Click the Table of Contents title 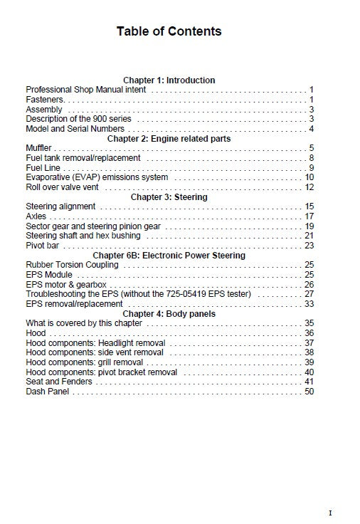(169, 31)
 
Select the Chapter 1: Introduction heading (169, 80)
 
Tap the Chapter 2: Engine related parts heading (169, 139)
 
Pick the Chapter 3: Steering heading (169, 197)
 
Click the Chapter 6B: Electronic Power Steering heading (169, 255)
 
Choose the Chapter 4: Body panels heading (169, 313)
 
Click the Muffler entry (39, 148)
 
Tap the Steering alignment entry (60, 206)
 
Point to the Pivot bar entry (43, 246)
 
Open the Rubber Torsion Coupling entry (72, 265)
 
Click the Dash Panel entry (48, 392)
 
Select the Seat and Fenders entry (59, 382)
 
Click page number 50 (309, 392)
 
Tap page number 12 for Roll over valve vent (309, 187)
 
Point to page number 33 (309, 304)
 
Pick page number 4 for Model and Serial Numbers (311, 129)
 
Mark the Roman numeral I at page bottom (330, 513)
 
